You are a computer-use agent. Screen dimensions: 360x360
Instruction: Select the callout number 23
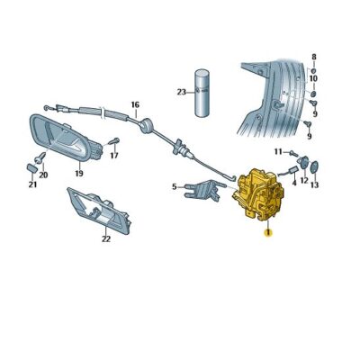[x=181, y=93]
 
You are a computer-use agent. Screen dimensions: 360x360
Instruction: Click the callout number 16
[x=135, y=104]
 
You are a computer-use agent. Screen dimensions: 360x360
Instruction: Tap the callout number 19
[x=79, y=173]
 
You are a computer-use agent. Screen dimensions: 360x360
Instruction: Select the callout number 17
[x=114, y=155]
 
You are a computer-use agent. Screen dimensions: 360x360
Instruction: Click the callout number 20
[x=43, y=175]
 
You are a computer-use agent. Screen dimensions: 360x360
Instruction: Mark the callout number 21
[x=32, y=185]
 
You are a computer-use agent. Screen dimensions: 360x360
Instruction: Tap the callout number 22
[x=105, y=238]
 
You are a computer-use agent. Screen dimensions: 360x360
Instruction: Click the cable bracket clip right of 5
[x=206, y=188]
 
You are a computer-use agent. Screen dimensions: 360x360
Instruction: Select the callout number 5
[x=175, y=187]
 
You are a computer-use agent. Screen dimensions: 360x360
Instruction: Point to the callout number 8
[x=314, y=58]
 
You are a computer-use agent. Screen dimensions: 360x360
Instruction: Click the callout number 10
[x=314, y=79]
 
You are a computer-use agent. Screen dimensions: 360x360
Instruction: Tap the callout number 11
[x=278, y=151]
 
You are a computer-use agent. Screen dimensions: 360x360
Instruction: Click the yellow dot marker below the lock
[x=267, y=232]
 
